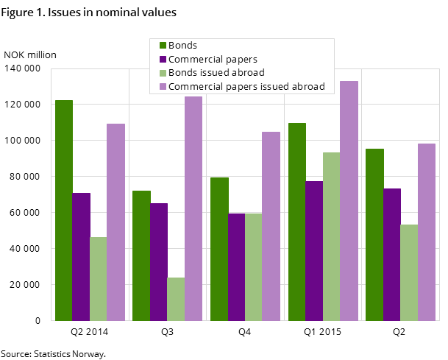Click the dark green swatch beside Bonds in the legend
point(163,46)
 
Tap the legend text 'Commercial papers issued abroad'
point(246,87)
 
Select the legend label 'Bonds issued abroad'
point(216,73)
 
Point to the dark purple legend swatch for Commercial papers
point(163,60)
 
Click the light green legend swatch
point(163,73)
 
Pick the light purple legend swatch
point(163,87)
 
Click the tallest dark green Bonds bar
point(64,210)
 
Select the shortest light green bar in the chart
point(176,299)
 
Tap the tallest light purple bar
point(349,200)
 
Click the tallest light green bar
point(332,236)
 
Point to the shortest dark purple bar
point(236,267)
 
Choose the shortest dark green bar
point(219,249)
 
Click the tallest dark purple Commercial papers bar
point(314,250)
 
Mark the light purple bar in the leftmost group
point(115,222)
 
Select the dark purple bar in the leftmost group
point(81,256)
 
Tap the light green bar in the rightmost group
point(409,272)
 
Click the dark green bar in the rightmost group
point(374,234)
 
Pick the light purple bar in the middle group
point(271,226)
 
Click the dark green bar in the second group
point(141,255)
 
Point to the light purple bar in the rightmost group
point(427,232)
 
